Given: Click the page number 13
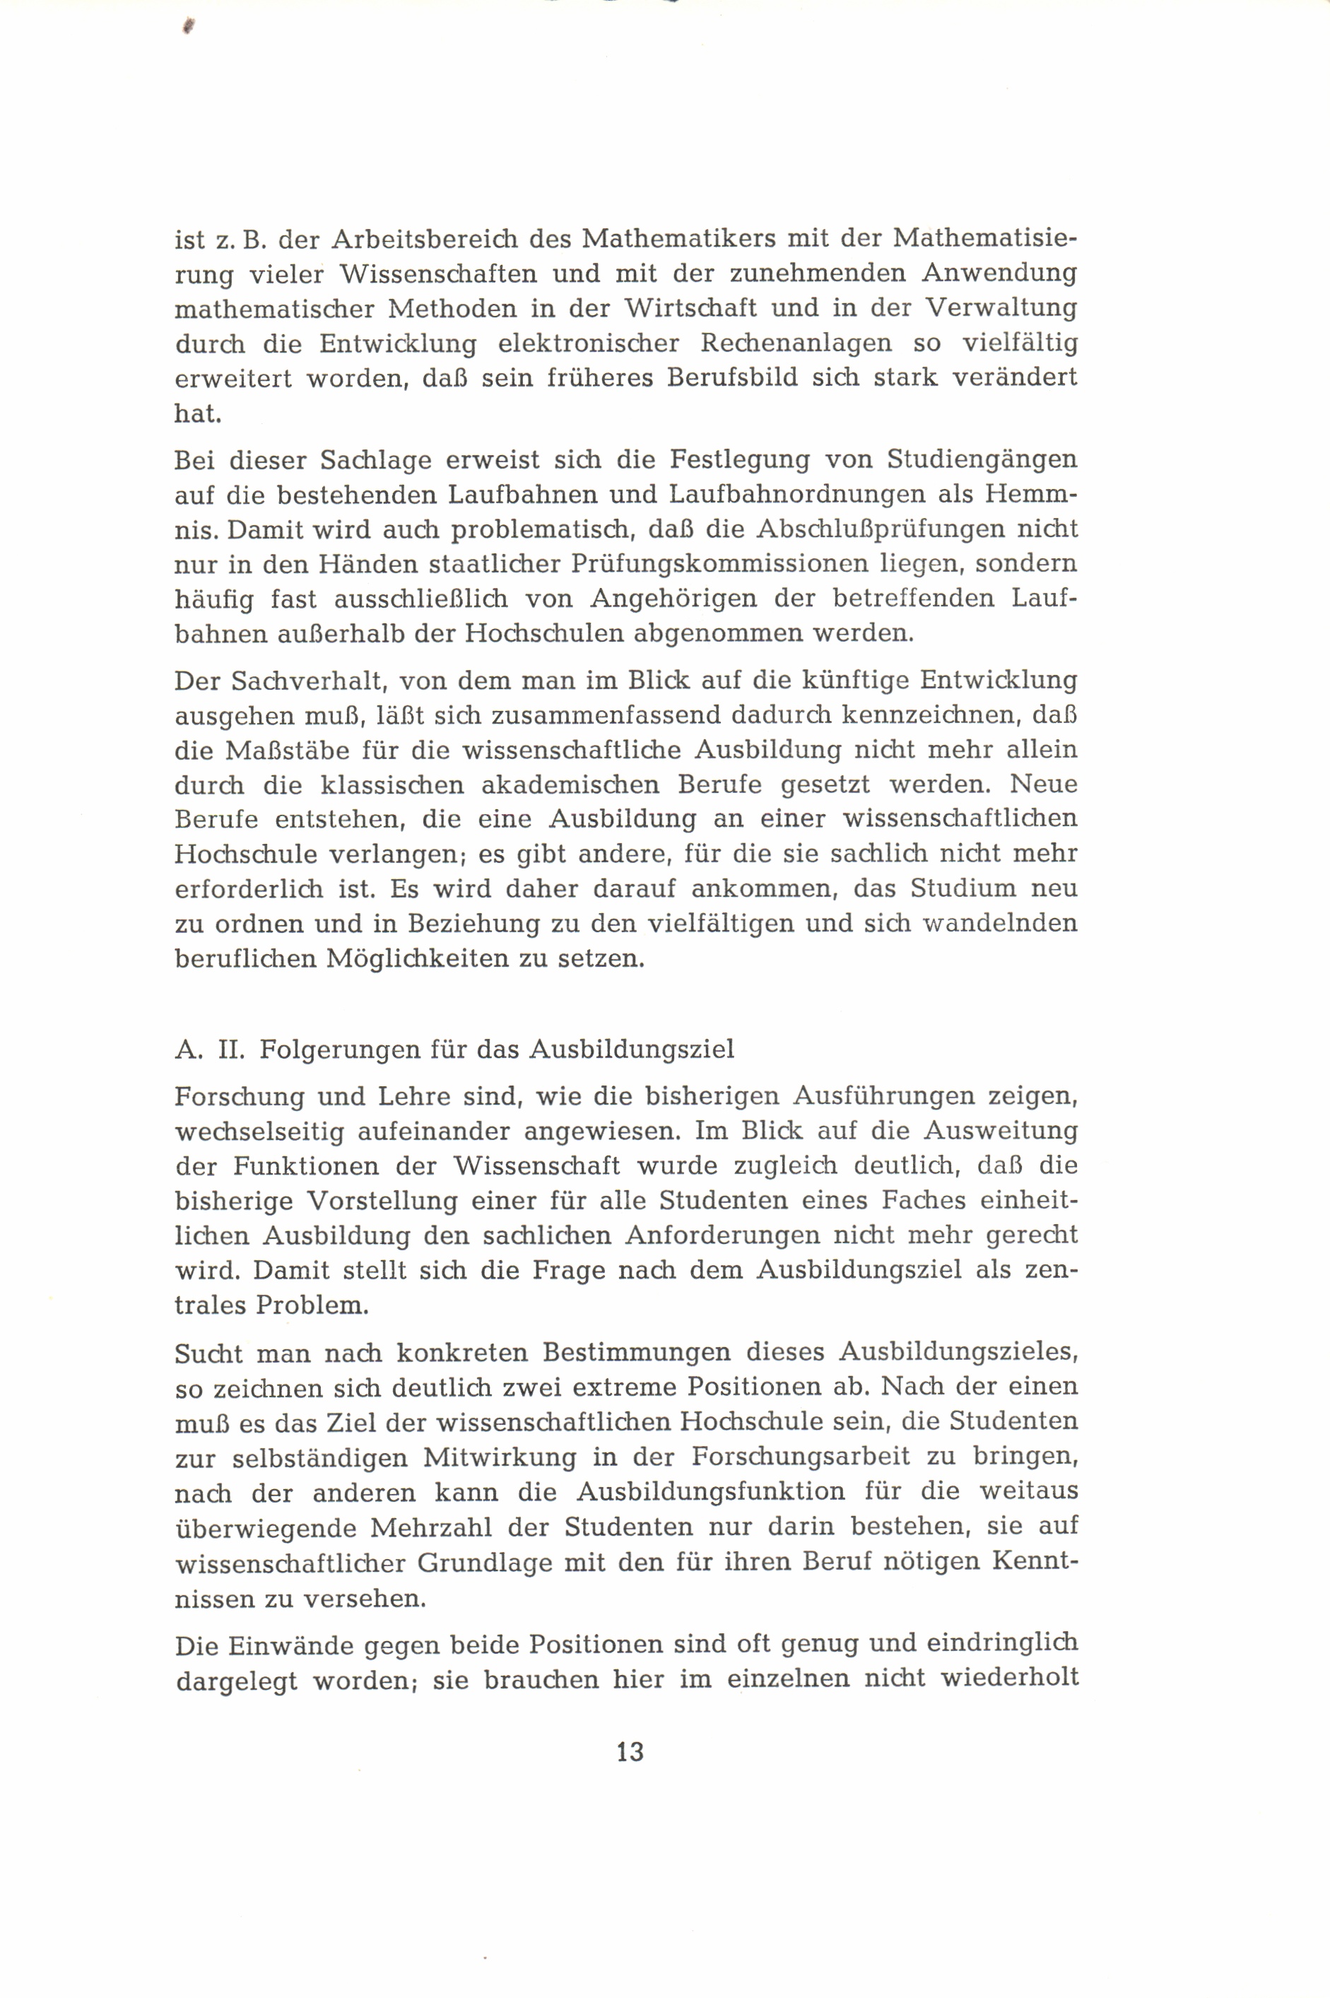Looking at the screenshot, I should [630, 1751].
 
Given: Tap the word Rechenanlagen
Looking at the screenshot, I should [796, 343].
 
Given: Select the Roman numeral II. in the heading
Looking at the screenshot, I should [232, 1049].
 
